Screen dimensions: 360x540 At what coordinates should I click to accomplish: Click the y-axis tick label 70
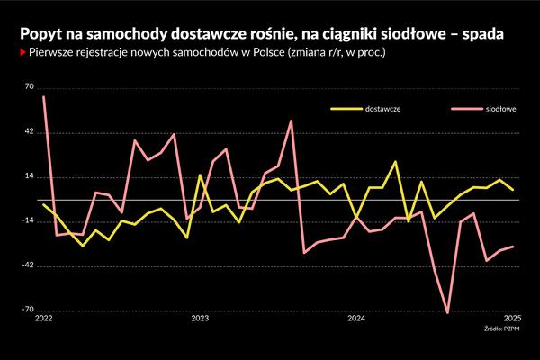click(x=30, y=87)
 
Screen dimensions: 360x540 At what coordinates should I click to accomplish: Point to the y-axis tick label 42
click(x=30, y=132)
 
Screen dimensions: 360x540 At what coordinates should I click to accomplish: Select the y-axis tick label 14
click(x=30, y=176)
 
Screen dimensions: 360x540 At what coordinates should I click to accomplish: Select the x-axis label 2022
click(x=44, y=319)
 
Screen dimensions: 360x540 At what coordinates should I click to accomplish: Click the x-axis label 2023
click(x=200, y=319)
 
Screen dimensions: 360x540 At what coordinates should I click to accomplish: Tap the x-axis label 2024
click(x=356, y=319)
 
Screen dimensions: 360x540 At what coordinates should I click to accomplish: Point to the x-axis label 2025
click(x=512, y=319)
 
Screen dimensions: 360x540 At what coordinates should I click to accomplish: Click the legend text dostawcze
click(x=382, y=109)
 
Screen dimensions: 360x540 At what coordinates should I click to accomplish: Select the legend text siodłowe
click(x=500, y=109)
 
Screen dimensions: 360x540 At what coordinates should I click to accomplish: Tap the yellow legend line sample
click(x=344, y=109)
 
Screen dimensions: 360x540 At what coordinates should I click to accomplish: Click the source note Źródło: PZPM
click(x=502, y=329)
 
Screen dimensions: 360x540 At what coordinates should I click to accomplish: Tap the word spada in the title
click(x=482, y=33)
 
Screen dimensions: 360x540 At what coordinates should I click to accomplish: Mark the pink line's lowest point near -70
click(x=447, y=313)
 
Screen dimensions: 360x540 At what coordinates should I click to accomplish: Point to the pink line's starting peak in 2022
click(x=44, y=96)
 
